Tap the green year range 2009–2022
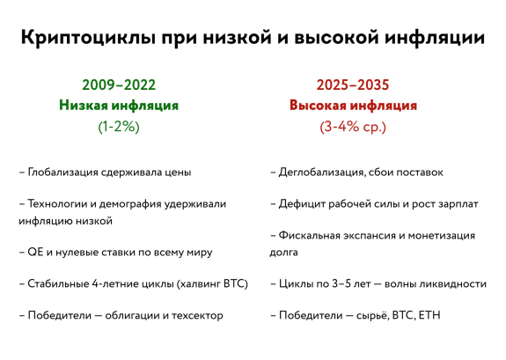tap(119, 84)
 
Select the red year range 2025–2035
tap(353, 84)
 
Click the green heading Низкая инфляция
tap(119, 106)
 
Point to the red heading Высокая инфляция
tap(353, 106)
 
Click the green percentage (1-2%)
tap(119, 127)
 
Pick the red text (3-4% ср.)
tap(353, 127)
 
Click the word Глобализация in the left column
tap(63, 173)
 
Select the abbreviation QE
tap(35, 252)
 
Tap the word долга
tap(283, 252)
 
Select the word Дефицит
tap(302, 204)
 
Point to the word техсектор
tap(197, 315)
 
